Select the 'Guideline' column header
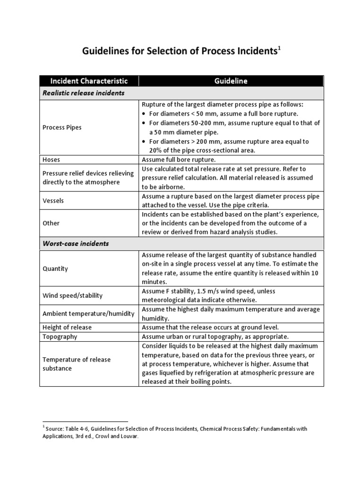pyautogui.click(x=231, y=81)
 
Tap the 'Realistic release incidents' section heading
pyautogui.click(x=83, y=93)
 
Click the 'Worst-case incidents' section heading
pyautogui.click(x=76, y=243)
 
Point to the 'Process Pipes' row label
pyautogui.click(x=61, y=128)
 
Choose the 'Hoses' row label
pyautogui.click(x=51, y=160)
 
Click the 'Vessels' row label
pyautogui.click(x=53, y=200)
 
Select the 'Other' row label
pyautogui.click(x=51, y=223)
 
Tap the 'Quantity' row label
pyautogui.click(x=55, y=268)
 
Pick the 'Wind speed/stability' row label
pyautogui.click(x=72, y=295)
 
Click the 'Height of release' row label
pyautogui.click(x=67, y=327)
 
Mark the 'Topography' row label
pyautogui.click(x=60, y=337)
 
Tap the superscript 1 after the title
pyautogui.click(x=279, y=48)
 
